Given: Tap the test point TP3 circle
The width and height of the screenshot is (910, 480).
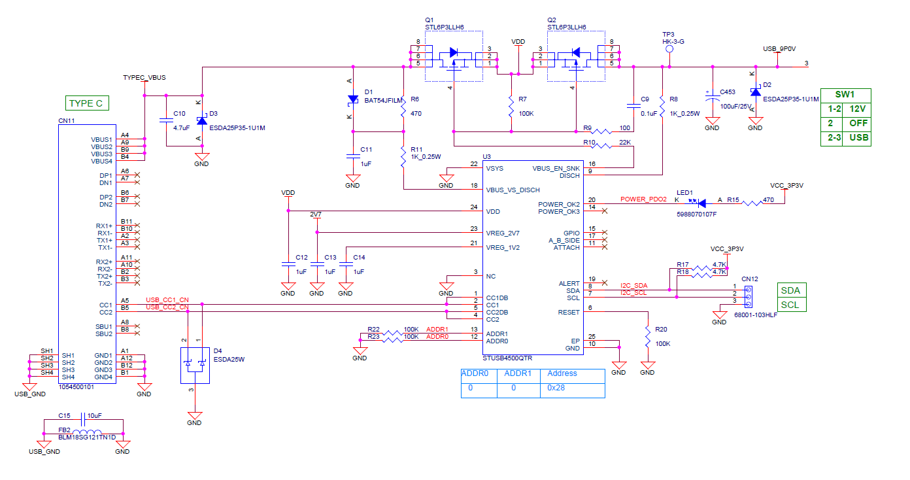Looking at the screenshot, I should coord(669,49).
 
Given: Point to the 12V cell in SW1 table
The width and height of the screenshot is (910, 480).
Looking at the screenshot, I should coord(858,109).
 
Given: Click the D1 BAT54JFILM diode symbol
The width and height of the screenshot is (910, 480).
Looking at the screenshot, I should coord(353,99).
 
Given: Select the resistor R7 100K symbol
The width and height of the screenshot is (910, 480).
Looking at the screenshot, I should coord(511,108).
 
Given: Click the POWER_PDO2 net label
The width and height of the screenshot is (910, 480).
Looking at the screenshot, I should coord(643,199).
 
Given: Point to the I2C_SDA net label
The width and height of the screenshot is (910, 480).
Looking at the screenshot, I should coord(633,286).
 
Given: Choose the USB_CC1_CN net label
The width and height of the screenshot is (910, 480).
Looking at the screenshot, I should coord(167,300).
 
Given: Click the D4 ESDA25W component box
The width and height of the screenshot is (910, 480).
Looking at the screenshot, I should coord(194,365).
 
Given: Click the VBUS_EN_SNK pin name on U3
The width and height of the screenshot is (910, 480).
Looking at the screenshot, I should coord(556,168).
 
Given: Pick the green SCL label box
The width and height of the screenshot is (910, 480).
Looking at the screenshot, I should coord(791,305).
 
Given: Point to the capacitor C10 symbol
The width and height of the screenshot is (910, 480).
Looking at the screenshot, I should coord(163,120).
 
